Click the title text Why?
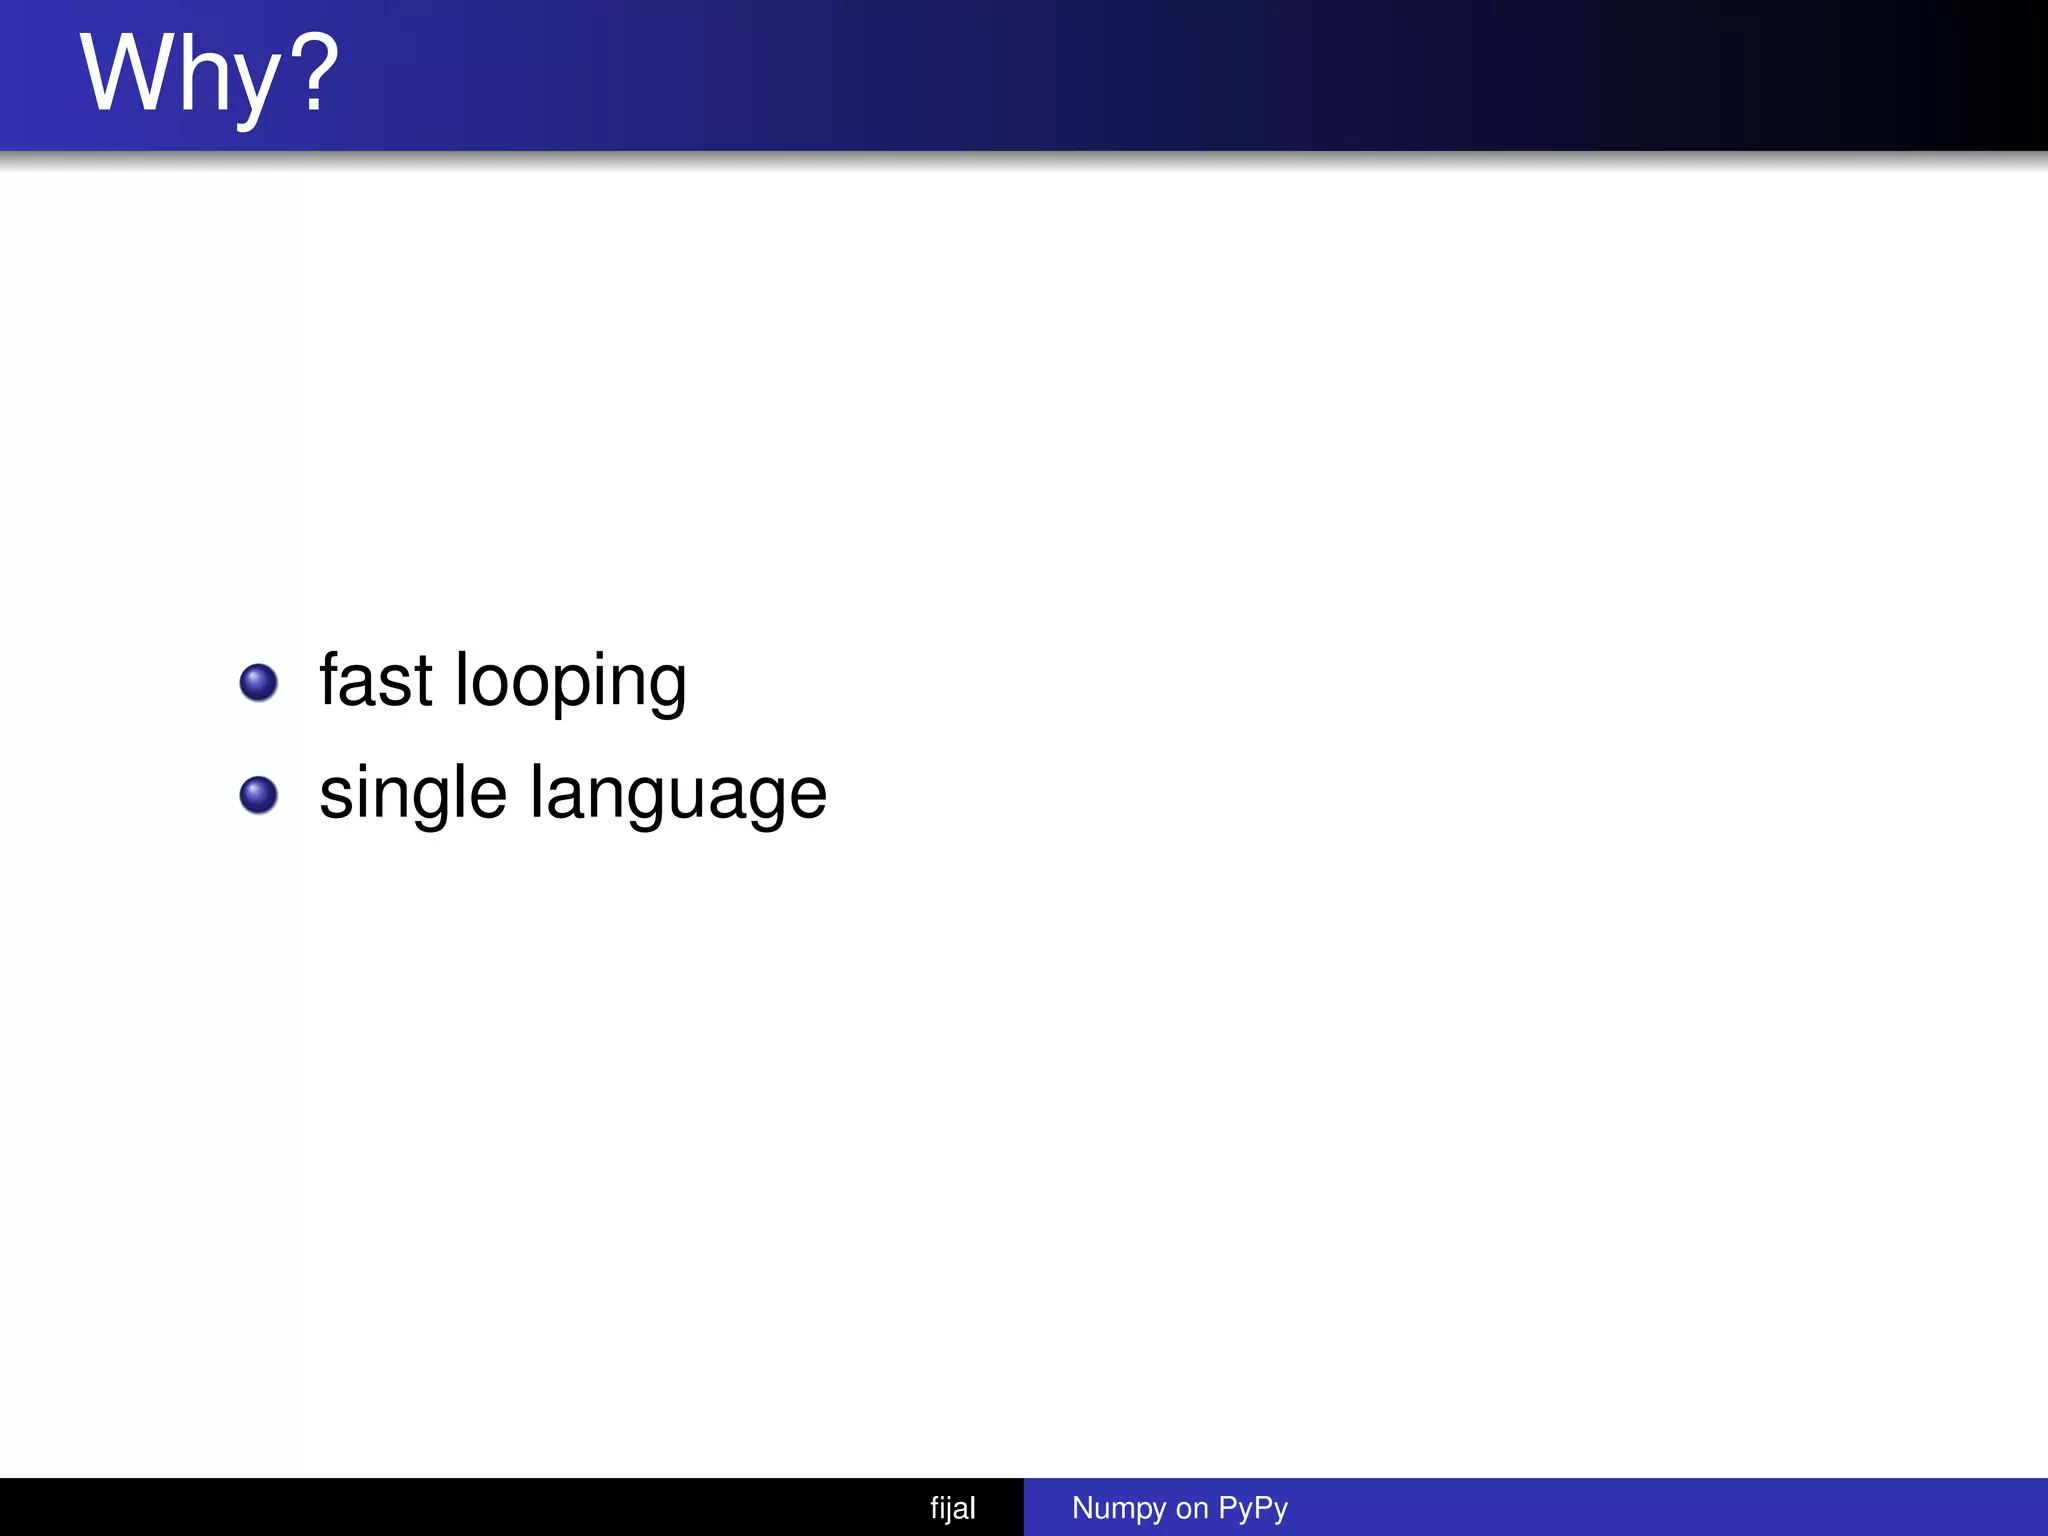pyautogui.click(x=210, y=75)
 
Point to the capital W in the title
pyautogui.click(x=128, y=72)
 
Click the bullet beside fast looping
pyautogui.click(x=259, y=683)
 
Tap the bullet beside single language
pyautogui.click(x=259, y=796)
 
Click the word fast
pyautogui.click(x=376, y=680)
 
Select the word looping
pyautogui.click(x=571, y=682)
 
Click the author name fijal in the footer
pyautogui.click(x=952, y=1508)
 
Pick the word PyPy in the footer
pyautogui.click(x=1253, y=1508)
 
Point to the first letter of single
pyautogui.click(x=336, y=796)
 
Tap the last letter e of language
pyautogui.click(x=806, y=796)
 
